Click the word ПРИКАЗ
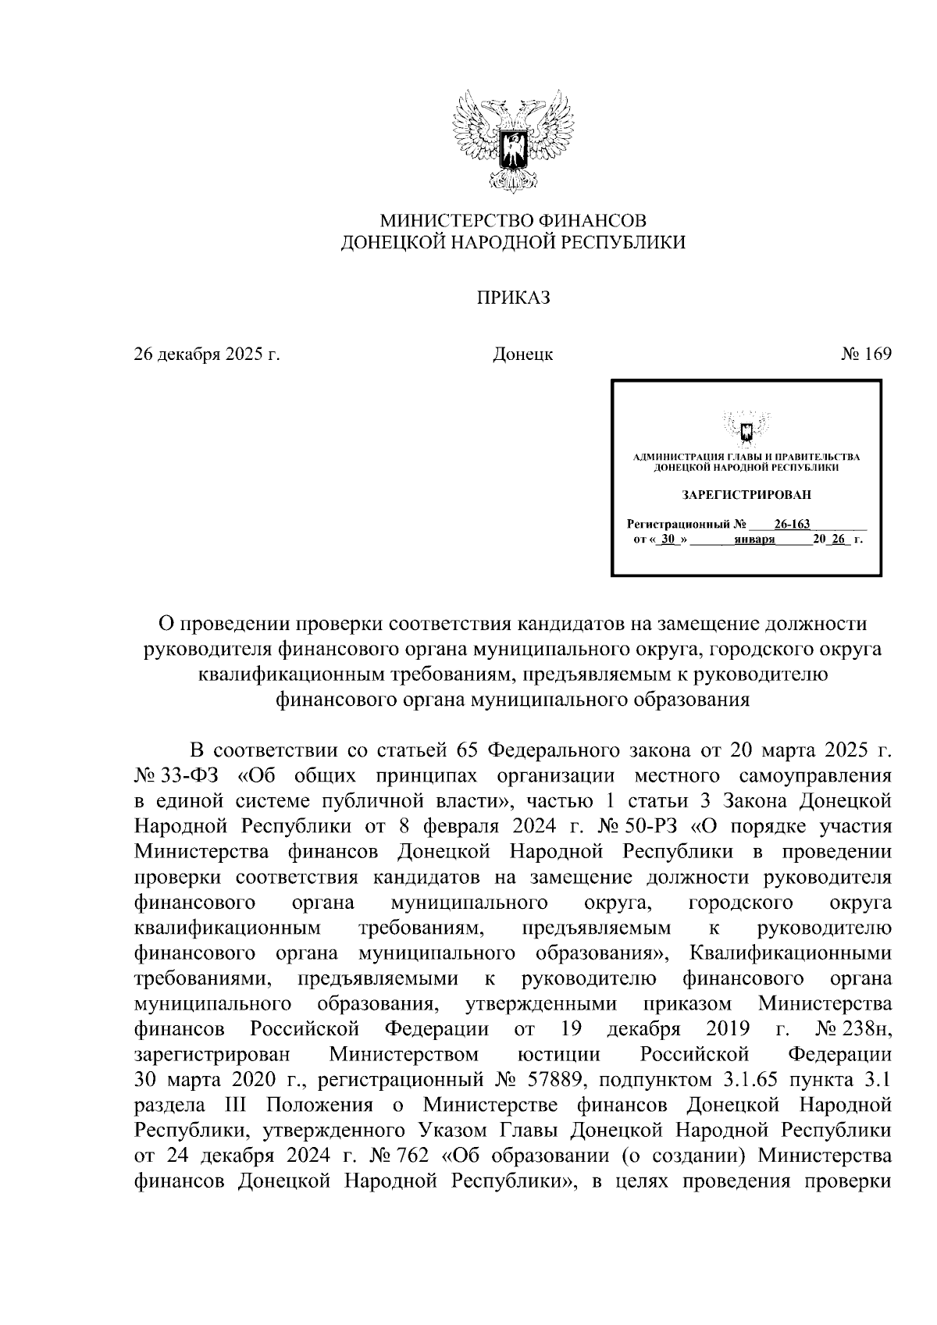(x=513, y=297)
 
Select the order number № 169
(x=866, y=354)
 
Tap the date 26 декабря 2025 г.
(x=207, y=354)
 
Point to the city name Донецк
(x=522, y=354)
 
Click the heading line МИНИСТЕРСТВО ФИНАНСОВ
(x=513, y=220)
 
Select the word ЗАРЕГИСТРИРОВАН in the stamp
(x=746, y=494)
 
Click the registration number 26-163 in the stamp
(x=792, y=524)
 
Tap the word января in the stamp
(x=754, y=540)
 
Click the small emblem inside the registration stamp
(x=746, y=429)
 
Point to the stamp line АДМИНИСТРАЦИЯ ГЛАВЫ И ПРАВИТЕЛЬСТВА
(x=746, y=457)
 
